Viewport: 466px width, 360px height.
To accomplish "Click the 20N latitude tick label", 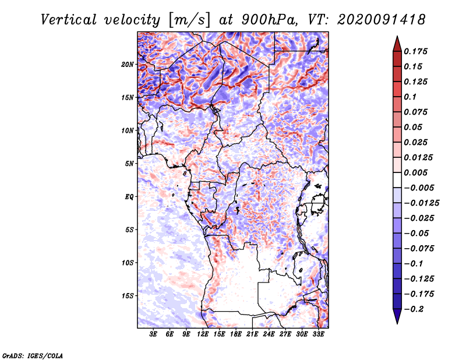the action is [128, 64].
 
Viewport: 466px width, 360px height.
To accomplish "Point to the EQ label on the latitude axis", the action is [129, 196].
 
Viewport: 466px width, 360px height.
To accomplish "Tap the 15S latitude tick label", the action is [128, 296].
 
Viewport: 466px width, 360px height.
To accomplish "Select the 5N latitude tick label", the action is [129, 164].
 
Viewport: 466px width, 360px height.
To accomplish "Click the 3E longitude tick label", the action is [153, 334].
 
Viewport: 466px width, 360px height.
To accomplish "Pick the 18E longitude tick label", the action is [236, 334].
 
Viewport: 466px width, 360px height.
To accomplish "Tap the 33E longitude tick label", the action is [318, 334].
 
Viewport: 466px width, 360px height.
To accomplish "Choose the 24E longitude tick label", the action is [269, 334].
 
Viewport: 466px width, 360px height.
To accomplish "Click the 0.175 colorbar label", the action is [416, 51].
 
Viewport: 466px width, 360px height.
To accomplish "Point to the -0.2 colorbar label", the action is [414, 309].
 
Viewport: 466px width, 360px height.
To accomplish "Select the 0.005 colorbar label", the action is [416, 172].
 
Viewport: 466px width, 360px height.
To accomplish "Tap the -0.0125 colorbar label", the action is [422, 203].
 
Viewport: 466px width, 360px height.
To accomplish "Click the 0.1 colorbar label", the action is [410, 97].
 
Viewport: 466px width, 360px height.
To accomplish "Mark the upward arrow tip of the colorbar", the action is [397, 36].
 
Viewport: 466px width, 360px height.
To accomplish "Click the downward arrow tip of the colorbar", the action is [397, 323].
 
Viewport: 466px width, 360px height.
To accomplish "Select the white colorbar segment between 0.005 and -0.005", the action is [397, 180].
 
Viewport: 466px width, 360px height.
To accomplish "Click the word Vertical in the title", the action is [69, 20].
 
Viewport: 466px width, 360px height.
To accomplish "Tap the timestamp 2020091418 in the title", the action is [382, 20].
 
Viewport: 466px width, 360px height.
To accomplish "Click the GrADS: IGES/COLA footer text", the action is [33, 355].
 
